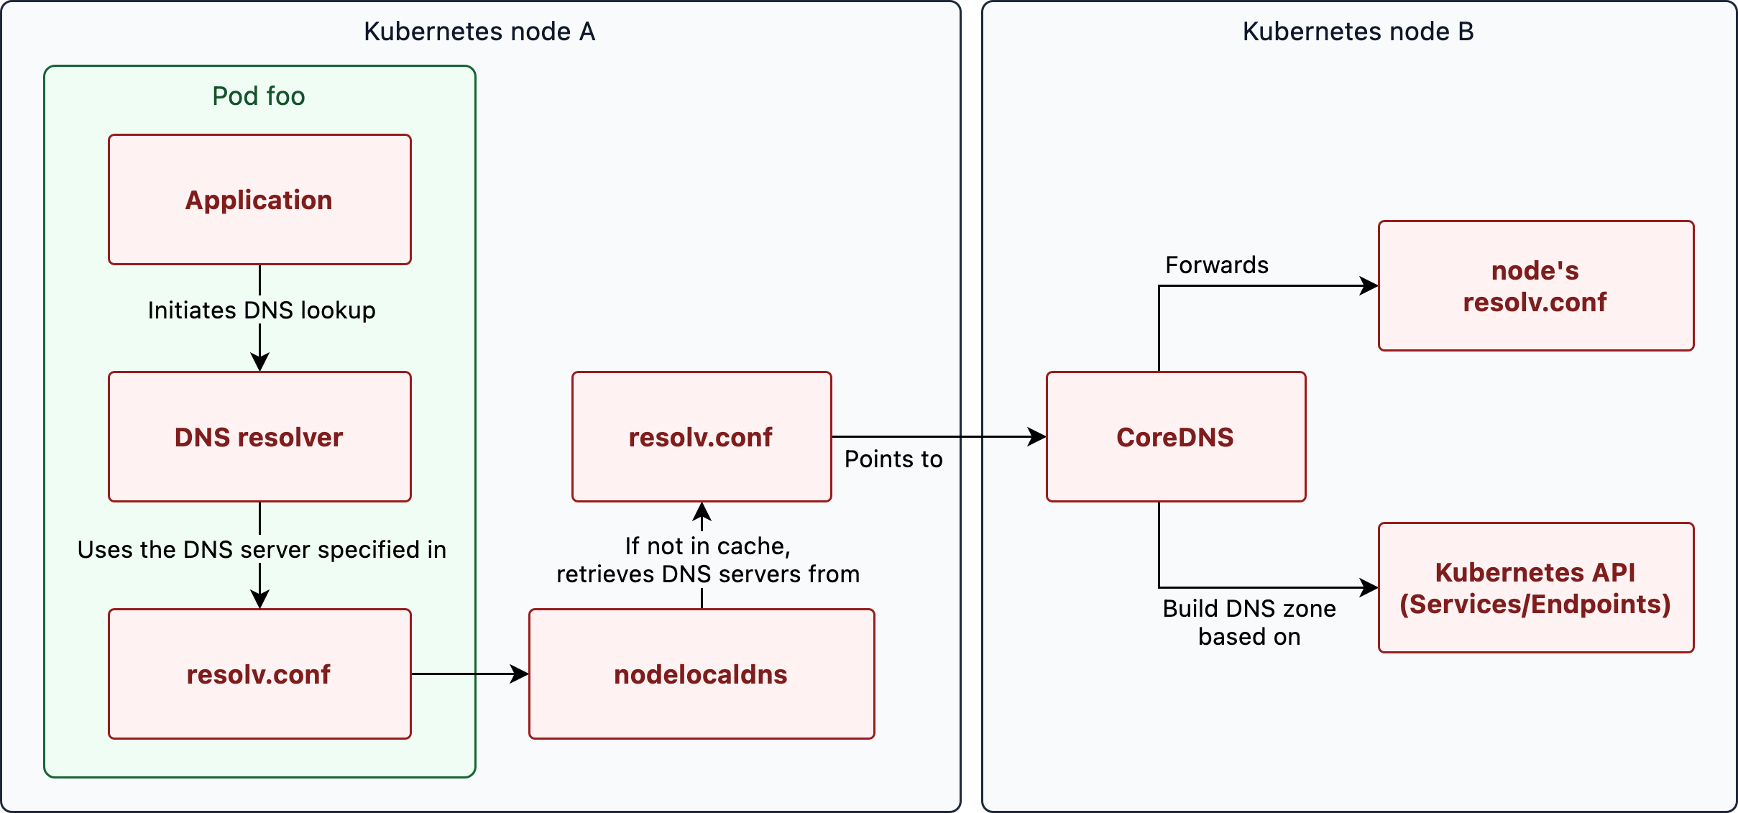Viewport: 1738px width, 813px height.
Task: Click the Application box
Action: click(259, 200)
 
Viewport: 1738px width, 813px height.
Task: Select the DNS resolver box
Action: click(259, 437)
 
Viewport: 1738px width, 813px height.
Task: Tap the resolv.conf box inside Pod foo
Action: click(259, 674)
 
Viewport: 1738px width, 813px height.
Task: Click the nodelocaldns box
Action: click(702, 674)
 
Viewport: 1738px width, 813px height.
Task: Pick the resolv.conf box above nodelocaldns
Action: click(702, 437)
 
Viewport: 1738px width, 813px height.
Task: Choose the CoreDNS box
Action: click(1176, 437)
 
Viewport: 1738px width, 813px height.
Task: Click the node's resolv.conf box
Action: click(1536, 286)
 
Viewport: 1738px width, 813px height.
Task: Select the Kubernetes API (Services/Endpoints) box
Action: click(1536, 588)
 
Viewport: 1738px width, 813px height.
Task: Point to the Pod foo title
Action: click(259, 96)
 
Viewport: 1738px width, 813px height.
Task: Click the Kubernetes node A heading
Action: click(479, 32)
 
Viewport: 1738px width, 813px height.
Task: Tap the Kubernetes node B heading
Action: click(1358, 32)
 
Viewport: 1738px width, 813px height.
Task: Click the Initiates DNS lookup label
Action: click(262, 311)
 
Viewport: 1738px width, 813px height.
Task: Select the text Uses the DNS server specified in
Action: click(262, 550)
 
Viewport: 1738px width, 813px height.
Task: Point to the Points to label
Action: click(893, 459)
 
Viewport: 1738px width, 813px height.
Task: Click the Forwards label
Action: click(1217, 265)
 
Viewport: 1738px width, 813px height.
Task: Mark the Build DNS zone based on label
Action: click(1249, 623)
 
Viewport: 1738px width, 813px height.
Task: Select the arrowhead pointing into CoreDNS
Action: click(1038, 436)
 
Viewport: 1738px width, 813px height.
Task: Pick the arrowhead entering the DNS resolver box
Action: click(259, 362)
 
